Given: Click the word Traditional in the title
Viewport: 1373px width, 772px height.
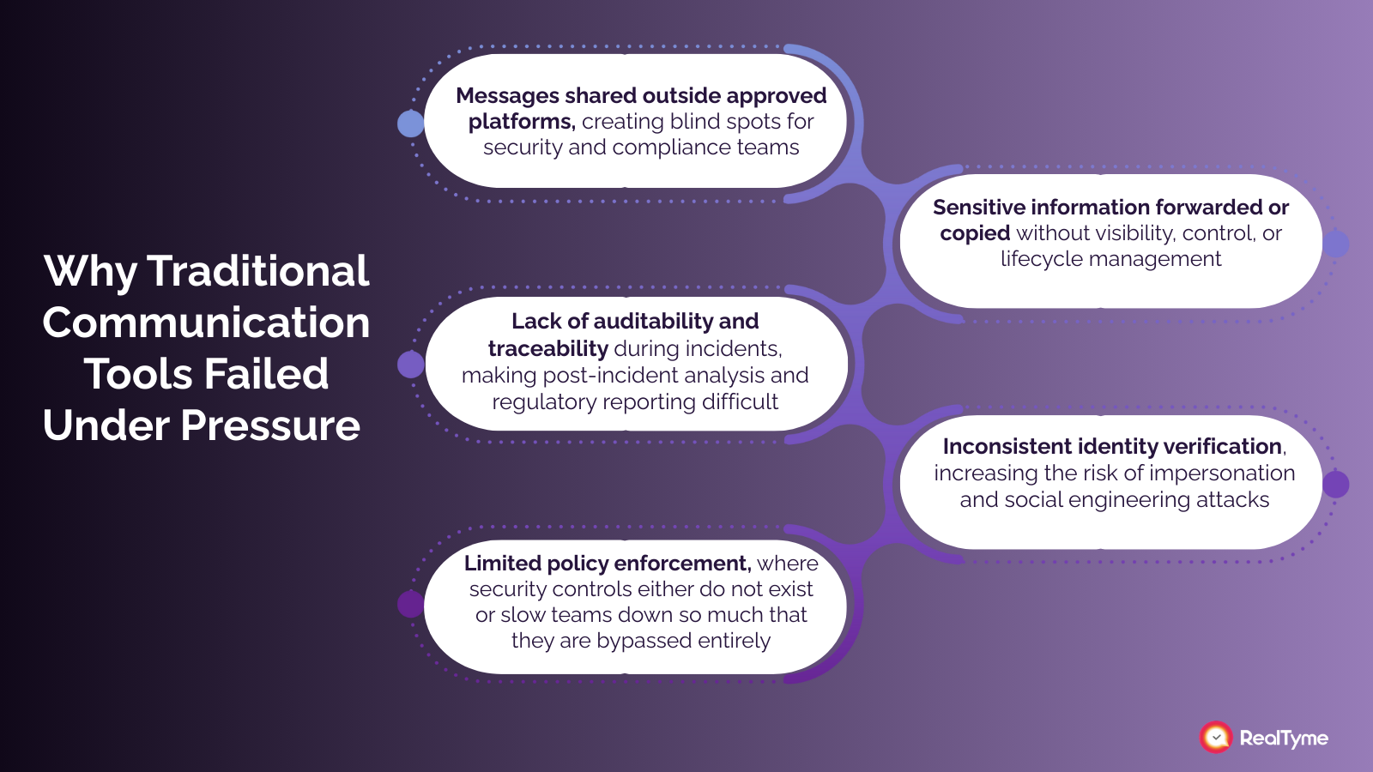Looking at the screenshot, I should pyautogui.click(x=258, y=271).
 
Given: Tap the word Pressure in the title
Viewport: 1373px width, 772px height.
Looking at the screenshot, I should pyautogui.click(x=270, y=425).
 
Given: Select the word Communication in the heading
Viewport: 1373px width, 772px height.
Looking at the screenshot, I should pyautogui.click(x=207, y=323).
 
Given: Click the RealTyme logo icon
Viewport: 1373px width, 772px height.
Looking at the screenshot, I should pyautogui.click(x=1216, y=737).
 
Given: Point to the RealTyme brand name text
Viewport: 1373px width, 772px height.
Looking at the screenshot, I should pyautogui.click(x=1284, y=738).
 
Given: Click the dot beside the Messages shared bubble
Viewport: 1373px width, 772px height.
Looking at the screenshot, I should pyautogui.click(x=411, y=124).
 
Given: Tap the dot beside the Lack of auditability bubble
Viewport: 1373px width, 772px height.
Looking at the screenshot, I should pyautogui.click(x=411, y=365).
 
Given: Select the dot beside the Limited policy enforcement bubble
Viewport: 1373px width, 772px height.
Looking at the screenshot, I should pyautogui.click(x=411, y=604).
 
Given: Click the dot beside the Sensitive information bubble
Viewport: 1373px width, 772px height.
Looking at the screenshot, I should pyautogui.click(x=1335, y=244).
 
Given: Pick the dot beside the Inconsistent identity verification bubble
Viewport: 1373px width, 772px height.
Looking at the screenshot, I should pyautogui.click(x=1335, y=485).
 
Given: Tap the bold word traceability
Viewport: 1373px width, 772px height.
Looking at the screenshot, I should pyautogui.click(x=548, y=348).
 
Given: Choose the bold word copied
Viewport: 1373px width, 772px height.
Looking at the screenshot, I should pyautogui.click(x=975, y=233).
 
